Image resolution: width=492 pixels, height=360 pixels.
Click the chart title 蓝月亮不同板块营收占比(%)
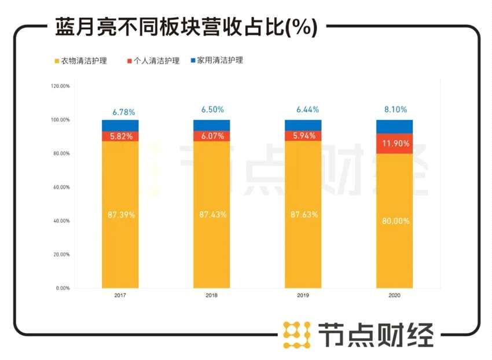[186, 27]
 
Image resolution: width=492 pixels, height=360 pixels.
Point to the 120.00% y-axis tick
[60, 86]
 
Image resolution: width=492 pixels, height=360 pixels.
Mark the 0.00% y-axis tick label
[63, 288]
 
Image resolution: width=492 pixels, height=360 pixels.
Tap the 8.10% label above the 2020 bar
[395, 109]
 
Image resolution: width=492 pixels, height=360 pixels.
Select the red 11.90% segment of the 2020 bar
[394, 144]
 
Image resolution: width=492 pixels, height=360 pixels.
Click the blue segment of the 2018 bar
[212, 125]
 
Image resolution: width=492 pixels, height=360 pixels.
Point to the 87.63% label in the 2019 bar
[303, 215]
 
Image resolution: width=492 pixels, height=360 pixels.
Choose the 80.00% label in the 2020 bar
[395, 221]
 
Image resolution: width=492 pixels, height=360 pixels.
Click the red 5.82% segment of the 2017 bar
[120, 137]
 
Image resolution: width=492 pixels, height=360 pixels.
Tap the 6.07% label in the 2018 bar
[212, 137]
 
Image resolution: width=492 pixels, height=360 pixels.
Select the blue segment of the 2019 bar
[303, 125]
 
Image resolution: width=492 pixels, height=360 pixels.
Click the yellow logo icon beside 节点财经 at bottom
[296, 335]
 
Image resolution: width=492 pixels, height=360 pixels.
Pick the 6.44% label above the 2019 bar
[304, 109]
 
